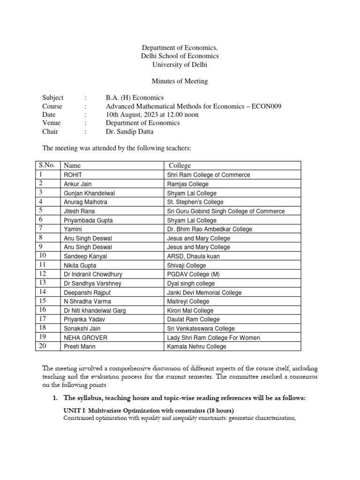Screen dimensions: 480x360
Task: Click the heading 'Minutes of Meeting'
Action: click(x=180, y=81)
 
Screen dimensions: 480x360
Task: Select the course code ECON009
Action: click(x=265, y=106)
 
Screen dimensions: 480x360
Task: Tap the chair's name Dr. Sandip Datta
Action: click(x=130, y=131)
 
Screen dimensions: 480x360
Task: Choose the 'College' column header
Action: click(x=180, y=165)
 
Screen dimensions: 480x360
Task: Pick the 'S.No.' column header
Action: click(x=46, y=165)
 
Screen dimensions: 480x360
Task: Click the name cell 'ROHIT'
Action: click(x=73, y=175)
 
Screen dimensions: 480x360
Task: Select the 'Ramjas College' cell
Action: click(x=187, y=184)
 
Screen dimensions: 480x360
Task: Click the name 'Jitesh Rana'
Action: click(x=79, y=211)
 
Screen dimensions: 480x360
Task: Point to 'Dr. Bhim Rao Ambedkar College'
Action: click(x=210, y=229)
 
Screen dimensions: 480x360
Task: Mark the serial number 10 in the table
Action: click(x=42, y=256)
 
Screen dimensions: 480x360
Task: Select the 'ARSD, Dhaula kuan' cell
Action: click(x=193, y=256)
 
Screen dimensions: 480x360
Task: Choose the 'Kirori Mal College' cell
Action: click(x=190, y=310)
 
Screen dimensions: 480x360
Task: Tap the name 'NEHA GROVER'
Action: click(x=85, y=337)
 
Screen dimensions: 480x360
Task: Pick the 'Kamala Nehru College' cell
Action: click(x=196, y=346)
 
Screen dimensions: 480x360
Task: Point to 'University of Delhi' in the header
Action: click(x=180, y=65)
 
